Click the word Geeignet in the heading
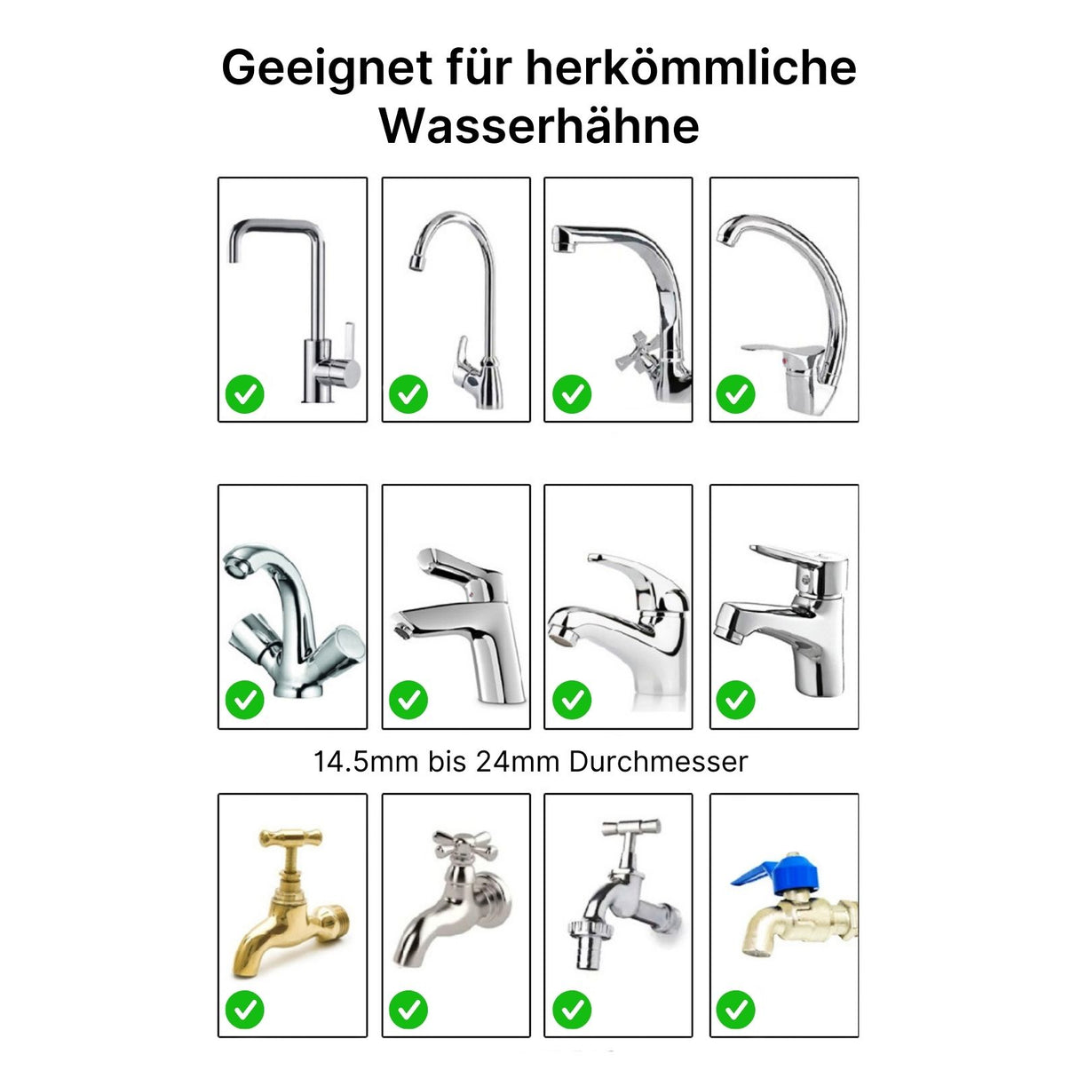click(327, 67)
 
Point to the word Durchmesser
click(658, 762)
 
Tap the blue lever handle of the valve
click(757, 874)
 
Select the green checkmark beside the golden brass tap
click(244, 1010)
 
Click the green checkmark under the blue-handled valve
click(735, 1010)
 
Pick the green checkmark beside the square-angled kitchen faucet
click(244, 393)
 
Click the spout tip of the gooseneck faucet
click(415, 263)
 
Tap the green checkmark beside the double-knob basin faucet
click(244, 700)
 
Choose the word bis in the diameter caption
click(447, 762)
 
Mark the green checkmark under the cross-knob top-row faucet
click(572, 393)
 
